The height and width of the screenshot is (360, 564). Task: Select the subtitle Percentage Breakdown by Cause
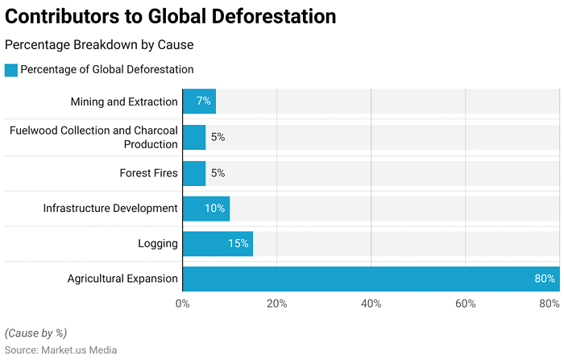pyautogui.click(x=99, y=45)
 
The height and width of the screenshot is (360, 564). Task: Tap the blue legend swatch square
pyautogui.click(x=11, y=70)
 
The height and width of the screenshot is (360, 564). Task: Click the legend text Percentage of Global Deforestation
pyautogui.click(x=106, y=70)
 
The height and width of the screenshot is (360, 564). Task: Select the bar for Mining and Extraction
pyautogui.click(x=199, y=101)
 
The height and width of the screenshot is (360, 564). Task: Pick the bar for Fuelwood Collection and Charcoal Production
pyautogui.click(x=194, y=137)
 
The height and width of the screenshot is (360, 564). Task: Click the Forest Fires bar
pyautogui.click(x=194, y=173)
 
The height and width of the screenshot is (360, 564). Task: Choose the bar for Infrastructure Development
pyautogui.click(x=206, y=209)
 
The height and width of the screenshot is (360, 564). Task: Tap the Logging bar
pyautogui.click(x=218, y=243)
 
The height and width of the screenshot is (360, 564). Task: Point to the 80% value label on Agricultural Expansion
pyautogui.click(x=545, y=279)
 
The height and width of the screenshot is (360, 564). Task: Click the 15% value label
pyautogui.click(x=238, y=243)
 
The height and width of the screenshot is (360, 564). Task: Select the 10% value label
pyautogui.click(x=214, y=209)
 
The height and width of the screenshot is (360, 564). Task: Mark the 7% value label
pyautogui.click(x=202, y=101)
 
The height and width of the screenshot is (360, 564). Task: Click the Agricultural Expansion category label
pyautogui.click(x=122, y=279)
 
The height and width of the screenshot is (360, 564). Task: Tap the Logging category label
pyautogui.click(x=158, y=243)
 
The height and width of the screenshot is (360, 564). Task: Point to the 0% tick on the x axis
pyautogui.click(x=183, y=304)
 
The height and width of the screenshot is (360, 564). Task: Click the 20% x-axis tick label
pyautogui.click(x=277, y=304)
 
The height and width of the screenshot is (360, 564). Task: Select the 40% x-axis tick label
pyautogui.click(x=371, y=304)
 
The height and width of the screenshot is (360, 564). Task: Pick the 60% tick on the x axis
pyautogui.click(x=465, y=304)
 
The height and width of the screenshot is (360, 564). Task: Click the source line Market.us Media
pyautogui.click(x=60, y=350)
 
